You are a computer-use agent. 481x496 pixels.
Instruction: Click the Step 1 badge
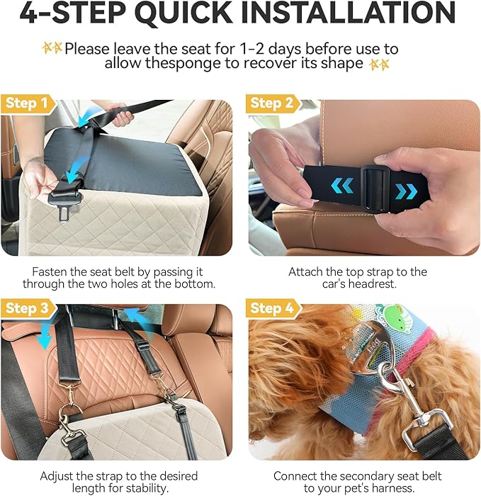[x=28, y=103]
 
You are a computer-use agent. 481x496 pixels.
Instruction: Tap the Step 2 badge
[x=272, y=103]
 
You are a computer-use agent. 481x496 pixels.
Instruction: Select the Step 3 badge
[x=28, y=308]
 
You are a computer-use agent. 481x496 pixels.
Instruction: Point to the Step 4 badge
[x=273, y=308]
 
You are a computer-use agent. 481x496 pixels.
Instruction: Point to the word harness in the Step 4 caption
[x=389, y=488]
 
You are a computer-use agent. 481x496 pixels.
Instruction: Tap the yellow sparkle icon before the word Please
[x=52, y=48]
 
